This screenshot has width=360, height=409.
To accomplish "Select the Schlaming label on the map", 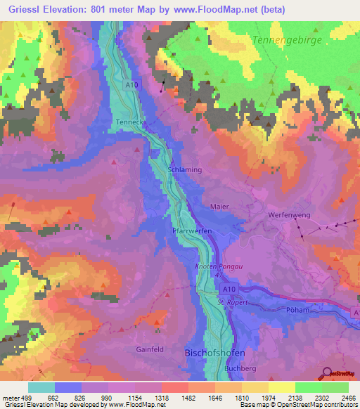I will click(185, 170).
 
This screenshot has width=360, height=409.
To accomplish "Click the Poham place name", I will click(298, 309).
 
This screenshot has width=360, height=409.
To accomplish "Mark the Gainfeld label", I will click(150, 348).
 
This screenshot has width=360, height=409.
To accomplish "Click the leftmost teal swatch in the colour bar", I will click(41, 387).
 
